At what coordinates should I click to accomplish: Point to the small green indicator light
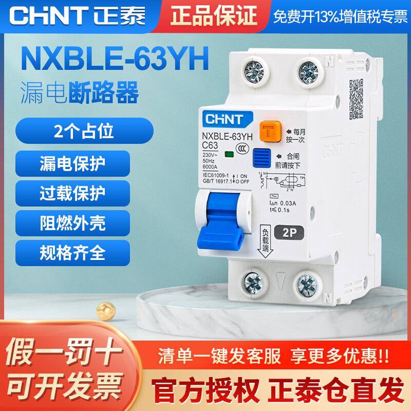click(227, 154)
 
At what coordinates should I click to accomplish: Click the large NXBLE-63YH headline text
click(113, 60)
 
